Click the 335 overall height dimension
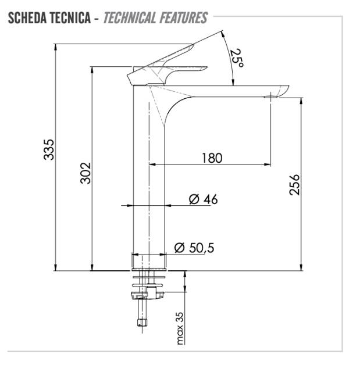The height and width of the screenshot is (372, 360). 49,149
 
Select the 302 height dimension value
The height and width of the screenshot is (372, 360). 85,173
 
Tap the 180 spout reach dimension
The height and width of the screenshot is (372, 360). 212,158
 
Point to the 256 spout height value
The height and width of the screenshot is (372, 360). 294,185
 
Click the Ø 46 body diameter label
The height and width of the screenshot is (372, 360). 203,199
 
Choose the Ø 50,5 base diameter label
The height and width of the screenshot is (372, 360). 194,248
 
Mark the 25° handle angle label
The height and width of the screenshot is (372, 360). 236,58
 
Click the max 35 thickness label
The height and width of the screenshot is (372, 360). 180,328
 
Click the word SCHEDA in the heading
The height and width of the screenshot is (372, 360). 27,18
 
